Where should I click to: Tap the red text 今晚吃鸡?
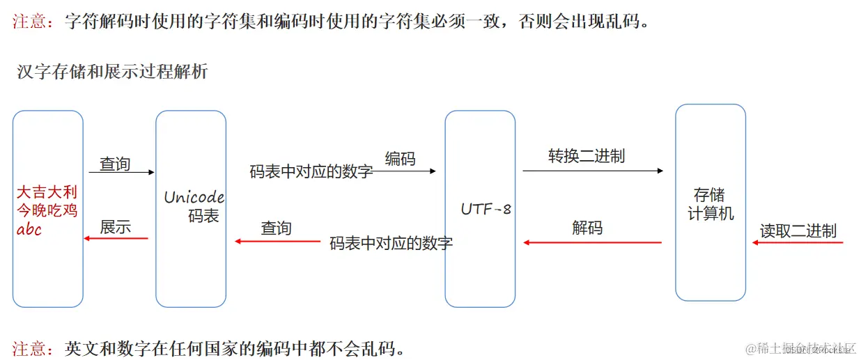[47, 210]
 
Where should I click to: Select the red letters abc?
[29, 229]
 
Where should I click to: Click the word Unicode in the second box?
[194, 197]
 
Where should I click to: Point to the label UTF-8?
[486, 209]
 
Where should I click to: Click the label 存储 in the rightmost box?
[710, 195]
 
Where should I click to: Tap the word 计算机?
[710, 213]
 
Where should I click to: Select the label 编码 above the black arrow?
[400, 159]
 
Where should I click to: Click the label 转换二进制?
[587, 156]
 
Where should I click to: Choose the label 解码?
[587, 228]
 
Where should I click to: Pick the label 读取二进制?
[798, 230]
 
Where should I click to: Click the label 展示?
[116, 227]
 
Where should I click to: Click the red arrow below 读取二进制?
[798, 243]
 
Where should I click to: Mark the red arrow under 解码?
[592, 242]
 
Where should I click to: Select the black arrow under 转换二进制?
[592, 171]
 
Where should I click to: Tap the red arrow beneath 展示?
[116, 239]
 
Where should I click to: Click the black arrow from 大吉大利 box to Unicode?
[121, 172]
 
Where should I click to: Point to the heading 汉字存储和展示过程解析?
[112, 71]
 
